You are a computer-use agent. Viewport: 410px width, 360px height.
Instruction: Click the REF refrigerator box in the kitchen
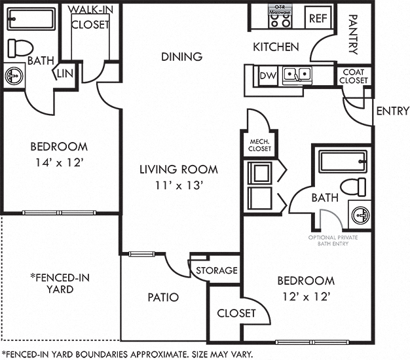pos(318,18)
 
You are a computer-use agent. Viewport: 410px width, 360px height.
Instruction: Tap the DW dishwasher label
pos(267,76)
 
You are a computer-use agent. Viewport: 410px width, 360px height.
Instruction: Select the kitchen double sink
pos(297,76)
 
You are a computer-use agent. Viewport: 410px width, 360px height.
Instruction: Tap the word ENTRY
pos(392,111)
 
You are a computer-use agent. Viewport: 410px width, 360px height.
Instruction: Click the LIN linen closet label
pos(66,74)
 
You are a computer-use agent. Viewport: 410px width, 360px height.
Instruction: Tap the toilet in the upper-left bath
pos(20,48)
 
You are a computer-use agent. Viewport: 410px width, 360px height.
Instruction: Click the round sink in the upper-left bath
pos(13,77)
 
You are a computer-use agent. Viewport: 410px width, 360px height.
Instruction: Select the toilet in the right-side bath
pos(354,186)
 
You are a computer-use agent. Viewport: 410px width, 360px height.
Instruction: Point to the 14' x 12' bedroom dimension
pos(59,163)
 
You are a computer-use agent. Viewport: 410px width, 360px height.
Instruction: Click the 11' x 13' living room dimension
pos(177,185)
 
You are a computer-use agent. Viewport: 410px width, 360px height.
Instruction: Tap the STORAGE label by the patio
pos(216,270)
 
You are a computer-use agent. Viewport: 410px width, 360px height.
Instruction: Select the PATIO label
pos(163,297)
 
